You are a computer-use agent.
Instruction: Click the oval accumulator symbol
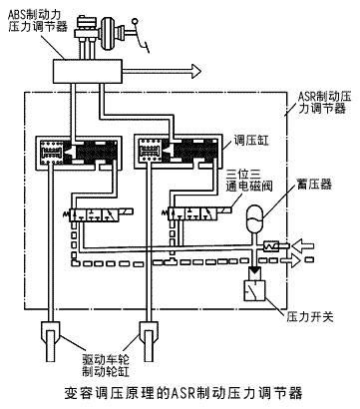[x=255, y=213]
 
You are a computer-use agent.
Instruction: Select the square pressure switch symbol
[x=255, y=293]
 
